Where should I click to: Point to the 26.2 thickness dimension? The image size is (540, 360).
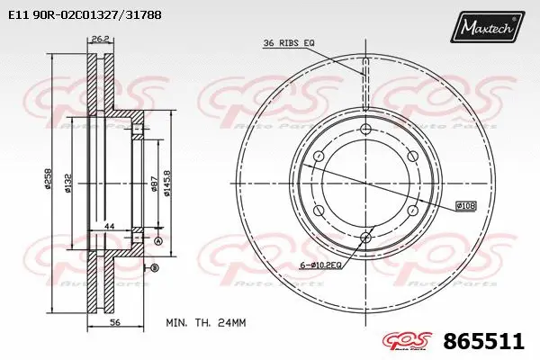point(100,39)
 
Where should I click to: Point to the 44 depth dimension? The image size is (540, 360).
point(109,225)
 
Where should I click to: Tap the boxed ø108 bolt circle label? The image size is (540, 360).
point(465,206)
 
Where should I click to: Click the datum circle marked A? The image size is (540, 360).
point(158,242)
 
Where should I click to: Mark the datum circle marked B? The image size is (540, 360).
point(154,268)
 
